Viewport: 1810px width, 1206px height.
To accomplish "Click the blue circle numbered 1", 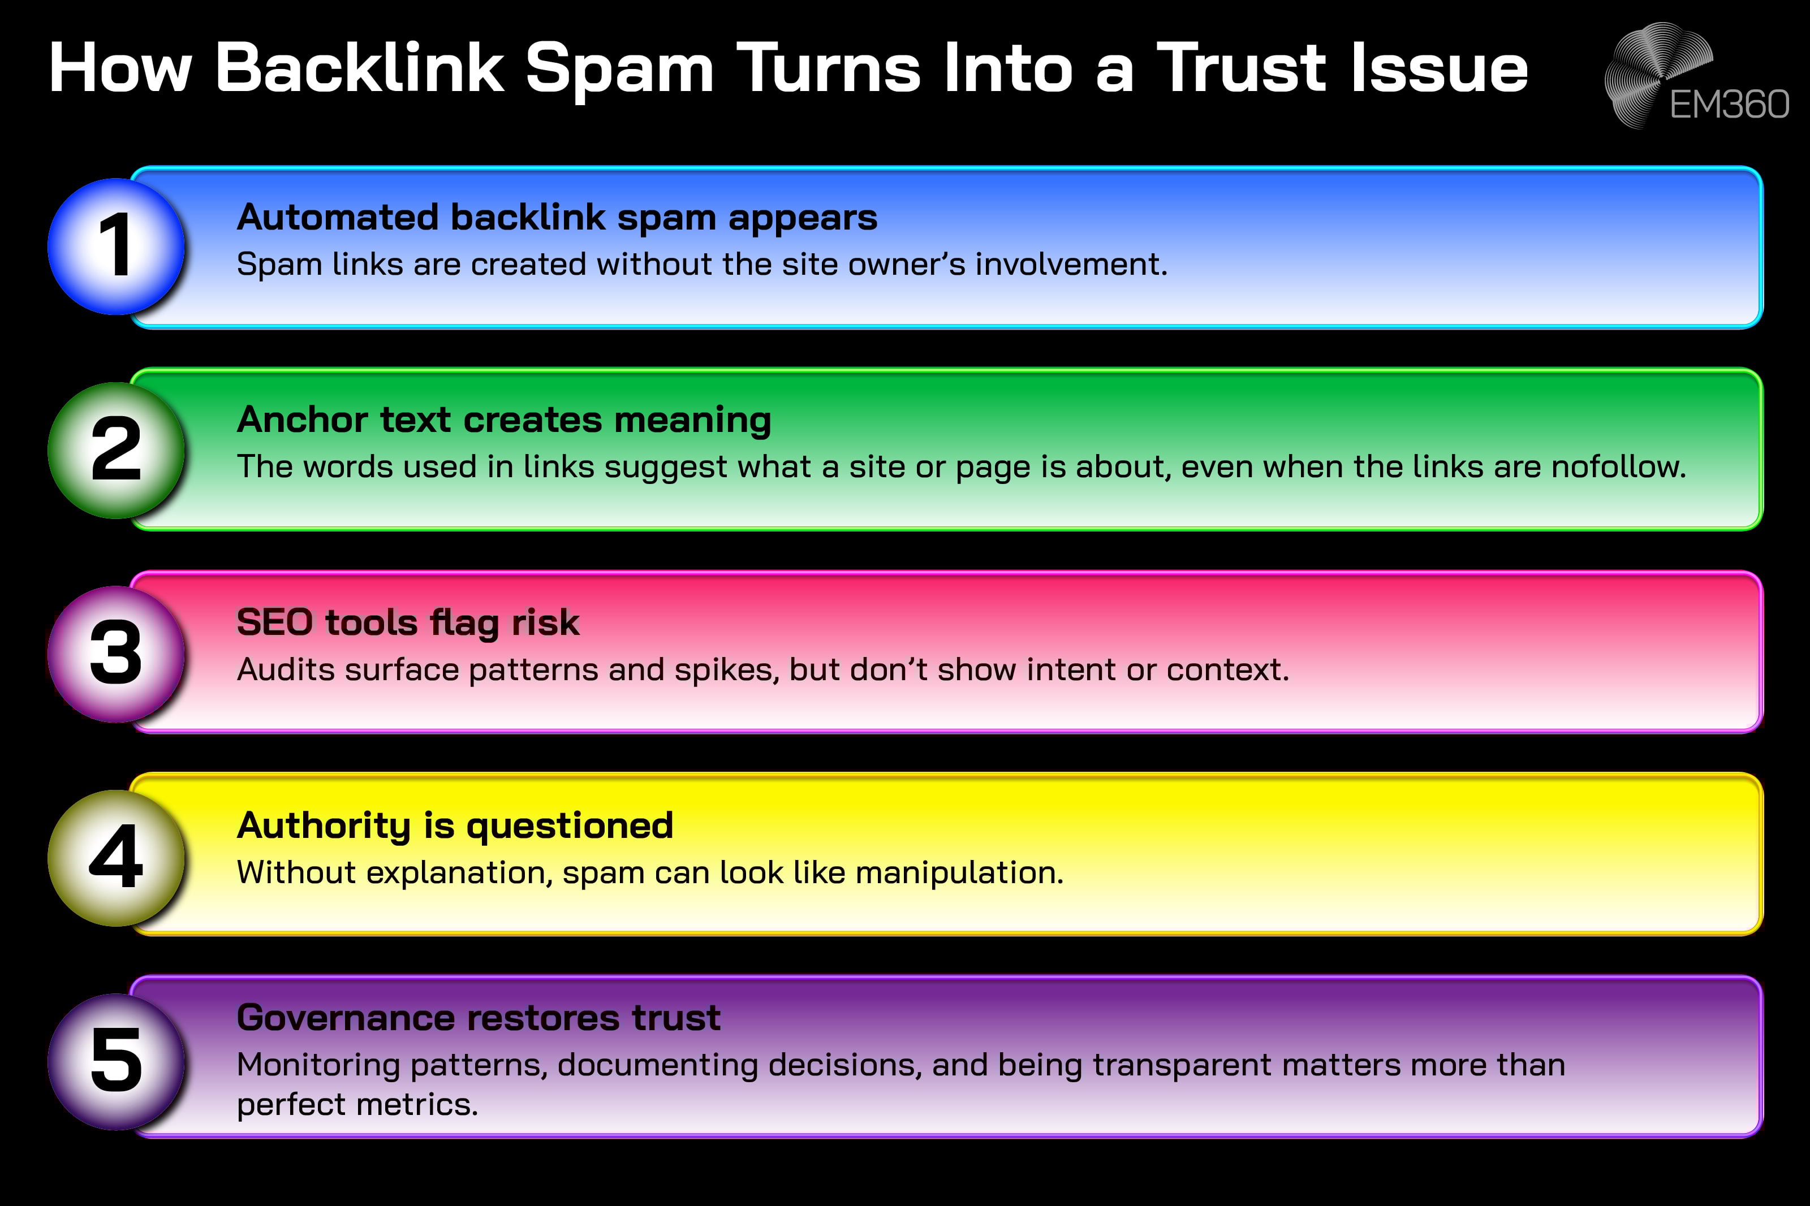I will (x=116, y=246).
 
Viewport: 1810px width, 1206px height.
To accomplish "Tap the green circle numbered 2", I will (x=116, y=450).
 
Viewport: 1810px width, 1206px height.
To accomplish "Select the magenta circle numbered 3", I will (x=116, y=654).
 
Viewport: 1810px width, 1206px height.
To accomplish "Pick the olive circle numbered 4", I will (x=116, y=858).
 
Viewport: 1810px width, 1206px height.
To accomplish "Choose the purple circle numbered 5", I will (x=116, y=1061).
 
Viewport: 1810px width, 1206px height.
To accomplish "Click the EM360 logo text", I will (x=1729, y=105).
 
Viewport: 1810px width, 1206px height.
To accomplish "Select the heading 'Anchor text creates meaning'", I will (x=504, y=420).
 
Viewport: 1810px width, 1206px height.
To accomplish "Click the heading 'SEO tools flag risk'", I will (x=408, y=623).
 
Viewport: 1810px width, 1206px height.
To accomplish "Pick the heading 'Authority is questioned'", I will (x=455, y=826).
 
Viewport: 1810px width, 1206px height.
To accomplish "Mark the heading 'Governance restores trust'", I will (x=479, y=1018).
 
